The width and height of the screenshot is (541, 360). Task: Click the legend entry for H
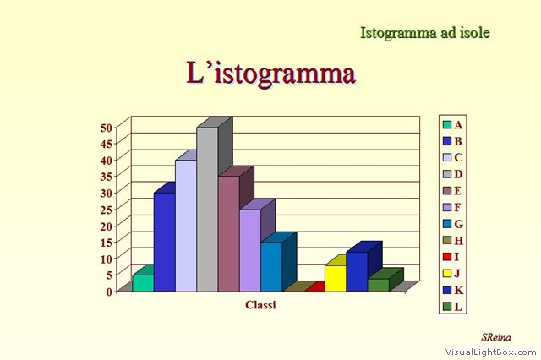point(453,240)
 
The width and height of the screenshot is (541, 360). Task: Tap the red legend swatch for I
point(447,257)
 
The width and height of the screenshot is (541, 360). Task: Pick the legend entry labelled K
point(453,290)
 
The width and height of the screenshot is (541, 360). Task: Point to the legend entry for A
point(453,124)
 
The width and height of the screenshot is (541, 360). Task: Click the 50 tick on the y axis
point(107,128)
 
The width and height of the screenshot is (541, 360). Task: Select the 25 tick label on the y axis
point(107,210)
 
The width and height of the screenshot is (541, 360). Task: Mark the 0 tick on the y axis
point(109,292)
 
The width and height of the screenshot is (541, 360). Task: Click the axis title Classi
point(260,305)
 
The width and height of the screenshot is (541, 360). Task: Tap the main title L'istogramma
point(270,74)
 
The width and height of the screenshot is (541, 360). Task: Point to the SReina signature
point(496,337)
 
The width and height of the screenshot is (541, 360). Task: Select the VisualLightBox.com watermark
point(490,352)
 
